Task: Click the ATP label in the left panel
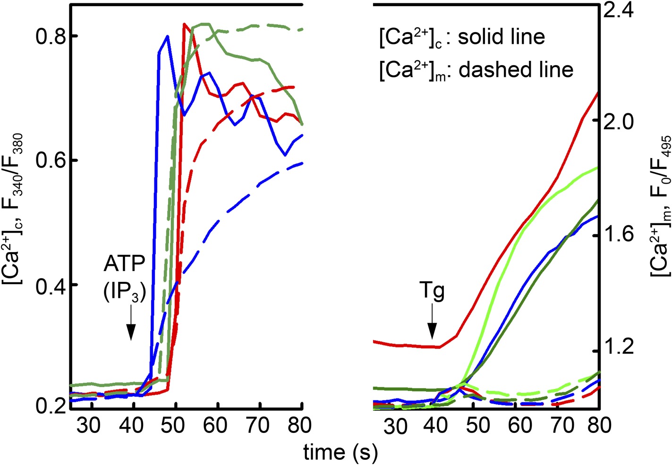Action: point(124,263)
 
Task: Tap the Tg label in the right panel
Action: point(432,292)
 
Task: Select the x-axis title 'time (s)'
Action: point(340,453)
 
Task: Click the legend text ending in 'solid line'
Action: point(462,37)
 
